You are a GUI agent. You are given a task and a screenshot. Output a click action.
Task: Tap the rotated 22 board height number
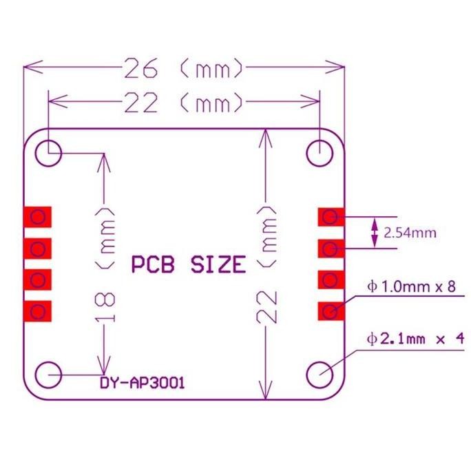tap(267, 306)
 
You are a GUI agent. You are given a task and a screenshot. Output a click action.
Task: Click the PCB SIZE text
tap(188, 264)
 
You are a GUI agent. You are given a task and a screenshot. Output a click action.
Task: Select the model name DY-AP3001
tap(142, 384)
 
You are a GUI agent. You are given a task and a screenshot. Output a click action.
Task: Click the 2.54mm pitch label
tap(410, 233)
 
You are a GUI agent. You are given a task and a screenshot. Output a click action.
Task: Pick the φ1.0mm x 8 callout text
tap(412, 286)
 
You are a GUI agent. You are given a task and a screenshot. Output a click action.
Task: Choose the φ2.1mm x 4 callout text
tap(417, 339)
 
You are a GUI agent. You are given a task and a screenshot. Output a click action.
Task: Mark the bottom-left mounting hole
tap(50, 375)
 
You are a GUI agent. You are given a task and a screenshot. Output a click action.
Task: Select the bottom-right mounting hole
tap(319, 375)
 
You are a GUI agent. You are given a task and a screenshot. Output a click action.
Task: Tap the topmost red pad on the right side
tap(331, 217)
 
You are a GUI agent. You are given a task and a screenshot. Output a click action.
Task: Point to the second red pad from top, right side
tap(331, 248)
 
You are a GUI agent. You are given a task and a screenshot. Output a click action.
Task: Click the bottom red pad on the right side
tap(331, 311)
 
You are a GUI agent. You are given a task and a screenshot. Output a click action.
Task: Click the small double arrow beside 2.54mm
tap(375, 233)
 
